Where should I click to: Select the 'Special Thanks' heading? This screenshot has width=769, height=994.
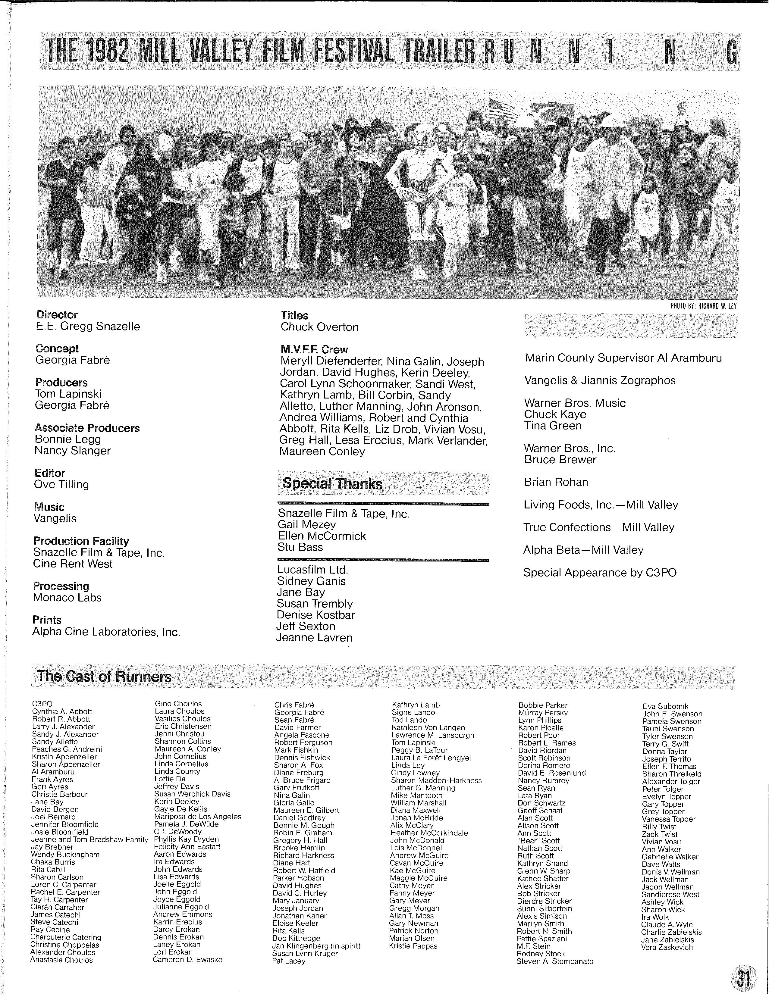(332, 483)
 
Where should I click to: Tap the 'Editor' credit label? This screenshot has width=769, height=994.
(50, 473)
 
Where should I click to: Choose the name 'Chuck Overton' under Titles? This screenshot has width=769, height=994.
(320, 327)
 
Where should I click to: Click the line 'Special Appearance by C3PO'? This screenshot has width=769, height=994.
(600, 573)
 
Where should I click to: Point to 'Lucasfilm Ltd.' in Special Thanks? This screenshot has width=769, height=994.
(312, 570)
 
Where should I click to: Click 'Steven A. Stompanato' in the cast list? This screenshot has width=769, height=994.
(554, 961)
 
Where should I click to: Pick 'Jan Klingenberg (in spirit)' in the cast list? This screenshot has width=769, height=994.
(316, 946)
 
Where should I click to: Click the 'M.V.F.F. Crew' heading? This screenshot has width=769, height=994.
(314, 349)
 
